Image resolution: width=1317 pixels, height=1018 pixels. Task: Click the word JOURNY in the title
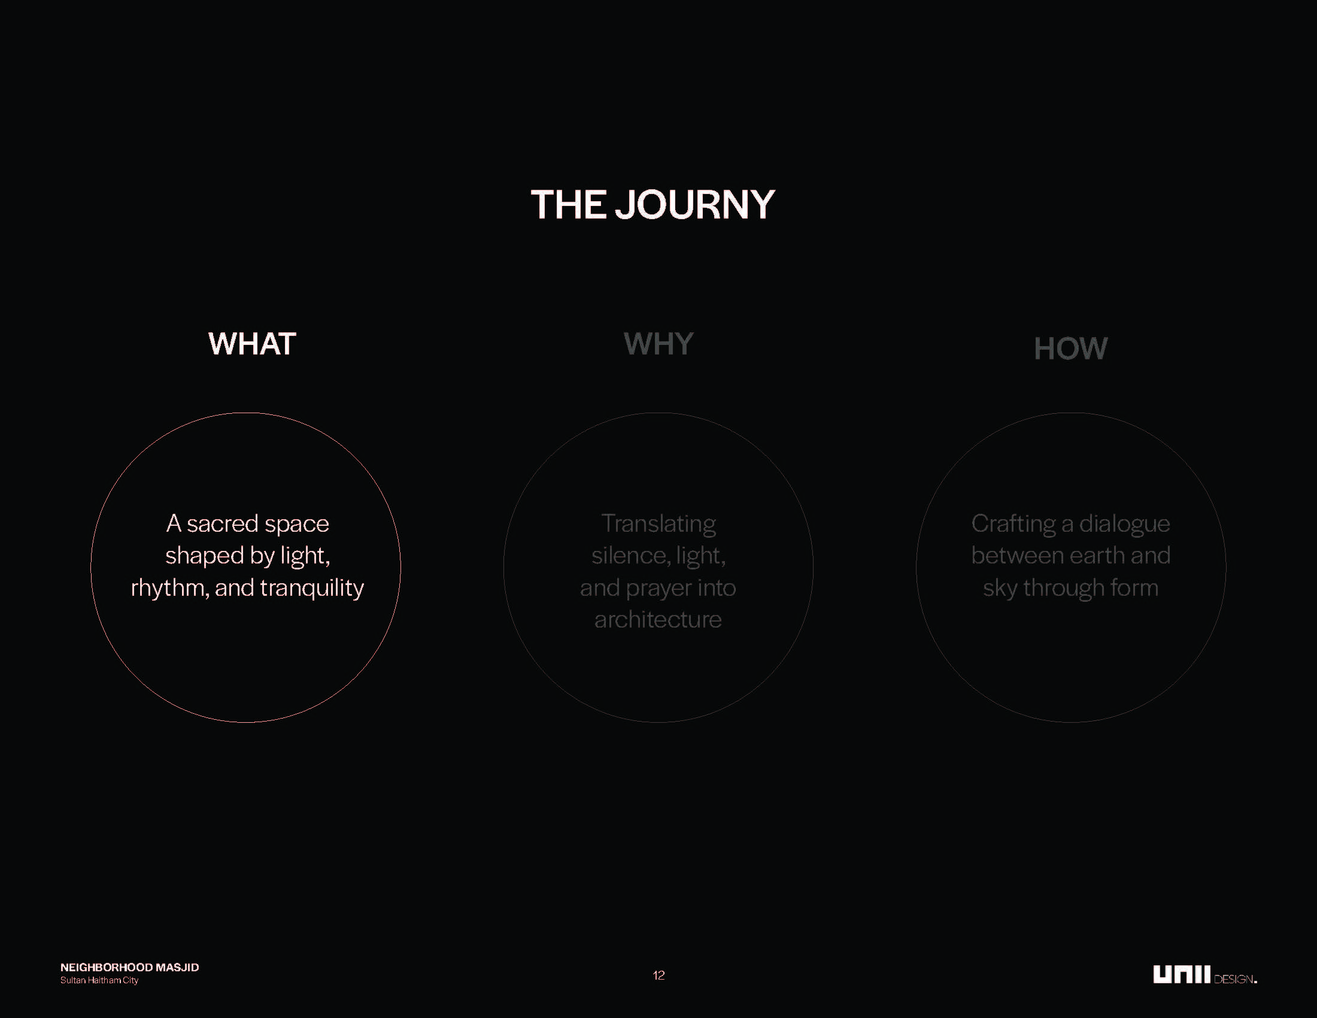tap(694, 204)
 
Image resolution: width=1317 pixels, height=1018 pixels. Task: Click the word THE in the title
tap(568, 204)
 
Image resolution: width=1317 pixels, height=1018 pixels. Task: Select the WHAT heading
tap(252, 344)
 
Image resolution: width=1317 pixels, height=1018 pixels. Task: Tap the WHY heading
tap(658, 344)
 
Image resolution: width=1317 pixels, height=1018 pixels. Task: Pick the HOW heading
tap(1071, 349)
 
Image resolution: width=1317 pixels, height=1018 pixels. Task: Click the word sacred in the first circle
tap(223, 523)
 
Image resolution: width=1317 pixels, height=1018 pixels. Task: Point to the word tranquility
tap(312, 588)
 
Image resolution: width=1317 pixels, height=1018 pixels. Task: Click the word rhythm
tap(170, 588)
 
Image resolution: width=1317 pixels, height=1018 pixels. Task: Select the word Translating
tap(658, 524)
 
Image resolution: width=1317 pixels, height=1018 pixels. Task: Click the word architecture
tap(658, 620)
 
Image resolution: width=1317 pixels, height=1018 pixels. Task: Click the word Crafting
tap(1013, 524)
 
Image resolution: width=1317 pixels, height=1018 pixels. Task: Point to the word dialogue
tap(1125, 524)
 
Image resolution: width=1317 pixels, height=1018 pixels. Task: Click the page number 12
tap(658, 975)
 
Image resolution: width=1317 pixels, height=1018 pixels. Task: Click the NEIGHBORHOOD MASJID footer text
tap(130, 967)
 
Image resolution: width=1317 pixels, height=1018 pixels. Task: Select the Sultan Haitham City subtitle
tap(99, 981)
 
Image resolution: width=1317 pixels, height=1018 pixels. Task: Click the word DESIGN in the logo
tap(1234, 980)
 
